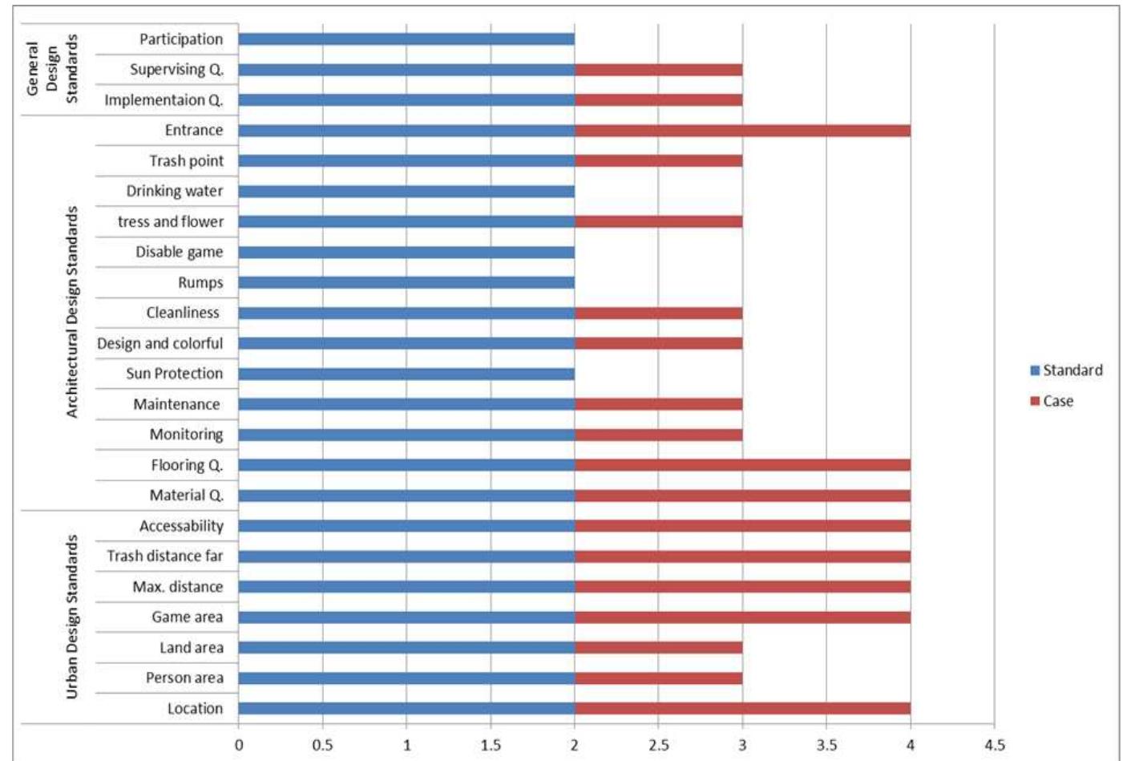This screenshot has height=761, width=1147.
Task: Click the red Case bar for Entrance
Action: tap(742, 131)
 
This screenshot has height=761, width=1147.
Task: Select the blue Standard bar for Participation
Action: tap(406, 39)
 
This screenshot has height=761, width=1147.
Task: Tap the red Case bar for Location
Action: tap(742, 709)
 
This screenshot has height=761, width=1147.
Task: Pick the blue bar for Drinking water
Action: tap(406, 192)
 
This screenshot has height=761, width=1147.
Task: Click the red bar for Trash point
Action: tap(658, 161)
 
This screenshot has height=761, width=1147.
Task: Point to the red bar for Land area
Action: tap(658, 648)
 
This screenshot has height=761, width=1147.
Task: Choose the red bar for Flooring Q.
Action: tap(742, 465)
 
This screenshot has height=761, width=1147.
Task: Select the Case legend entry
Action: tap(1052, 401)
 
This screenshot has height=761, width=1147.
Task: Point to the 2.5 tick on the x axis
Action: tap(658, 745)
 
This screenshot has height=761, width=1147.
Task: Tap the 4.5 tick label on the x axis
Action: tap(994, 745)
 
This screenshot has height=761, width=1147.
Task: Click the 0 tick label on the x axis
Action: tap(239, 745)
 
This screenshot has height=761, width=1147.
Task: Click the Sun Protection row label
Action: tap(174, 374)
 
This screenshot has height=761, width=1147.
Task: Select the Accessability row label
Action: tap(181, 526)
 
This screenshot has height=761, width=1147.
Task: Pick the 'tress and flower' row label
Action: tap(170, 222)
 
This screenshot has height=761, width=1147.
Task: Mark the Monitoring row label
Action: tap(186, 435)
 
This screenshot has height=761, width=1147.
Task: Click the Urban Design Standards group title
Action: tap(72, 617)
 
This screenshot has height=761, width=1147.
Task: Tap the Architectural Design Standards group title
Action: tap(72, 312)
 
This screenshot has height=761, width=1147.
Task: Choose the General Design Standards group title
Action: tap(52, 69)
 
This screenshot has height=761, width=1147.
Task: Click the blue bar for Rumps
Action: tap(406, 283)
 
